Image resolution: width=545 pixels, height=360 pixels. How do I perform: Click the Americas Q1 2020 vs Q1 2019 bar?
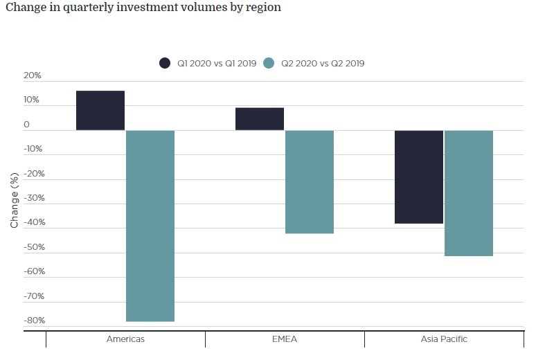(100, 111)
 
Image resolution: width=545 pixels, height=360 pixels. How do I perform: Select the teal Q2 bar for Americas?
(150, 226)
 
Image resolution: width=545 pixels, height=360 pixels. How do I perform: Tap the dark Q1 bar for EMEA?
(260, 119)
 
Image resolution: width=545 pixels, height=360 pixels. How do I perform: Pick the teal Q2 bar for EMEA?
(310, 182)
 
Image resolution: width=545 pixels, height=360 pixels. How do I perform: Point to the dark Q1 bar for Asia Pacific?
(419, 177)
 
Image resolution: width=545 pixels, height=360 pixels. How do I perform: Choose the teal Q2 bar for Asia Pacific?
(469, 193)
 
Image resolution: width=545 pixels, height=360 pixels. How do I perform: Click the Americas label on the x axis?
(125, 339)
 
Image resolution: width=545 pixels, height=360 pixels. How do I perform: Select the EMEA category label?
(285, 339)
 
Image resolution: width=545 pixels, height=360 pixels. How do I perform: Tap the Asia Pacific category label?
(444, 339)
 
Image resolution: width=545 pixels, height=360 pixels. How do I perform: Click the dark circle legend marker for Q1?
(165, 63)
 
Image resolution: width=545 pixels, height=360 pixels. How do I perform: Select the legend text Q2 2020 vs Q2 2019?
(323, 63)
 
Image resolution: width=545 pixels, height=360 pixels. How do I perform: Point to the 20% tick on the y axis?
(32, 75)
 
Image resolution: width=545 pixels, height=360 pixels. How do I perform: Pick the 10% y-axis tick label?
(32, 100)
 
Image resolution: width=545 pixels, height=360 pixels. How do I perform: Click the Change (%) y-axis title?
(15, 201)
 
